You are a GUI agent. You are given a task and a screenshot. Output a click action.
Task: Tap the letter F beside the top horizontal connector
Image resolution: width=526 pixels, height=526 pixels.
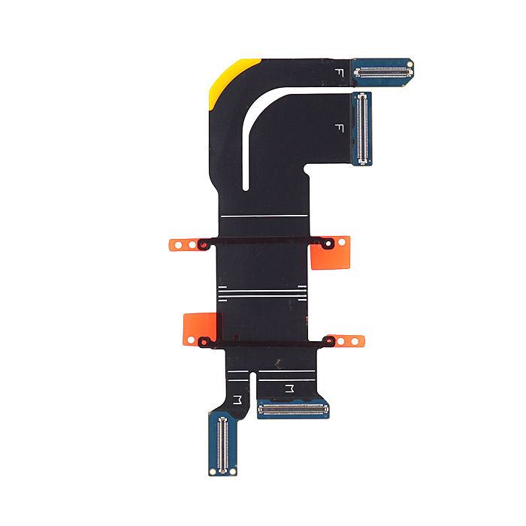tap(339, 73)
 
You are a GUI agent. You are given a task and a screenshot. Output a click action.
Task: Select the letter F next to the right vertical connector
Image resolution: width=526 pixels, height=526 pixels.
tap(339, 128)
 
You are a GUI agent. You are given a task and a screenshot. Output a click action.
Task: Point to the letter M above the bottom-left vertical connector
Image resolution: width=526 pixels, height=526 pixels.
tap(237, 400)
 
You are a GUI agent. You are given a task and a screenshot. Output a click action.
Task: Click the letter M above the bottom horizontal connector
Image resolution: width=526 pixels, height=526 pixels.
tap(289, 388)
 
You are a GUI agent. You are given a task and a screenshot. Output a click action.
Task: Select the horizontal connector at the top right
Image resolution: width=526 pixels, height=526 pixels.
tap(383, 72)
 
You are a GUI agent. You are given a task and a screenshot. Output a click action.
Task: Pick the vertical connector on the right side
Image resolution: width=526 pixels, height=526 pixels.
tap(362, 128)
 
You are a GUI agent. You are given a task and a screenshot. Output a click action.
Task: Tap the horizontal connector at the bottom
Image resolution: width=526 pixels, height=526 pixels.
tap(293, 409)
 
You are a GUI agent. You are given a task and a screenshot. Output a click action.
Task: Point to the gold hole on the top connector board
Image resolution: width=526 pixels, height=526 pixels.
tap(410, 64)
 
